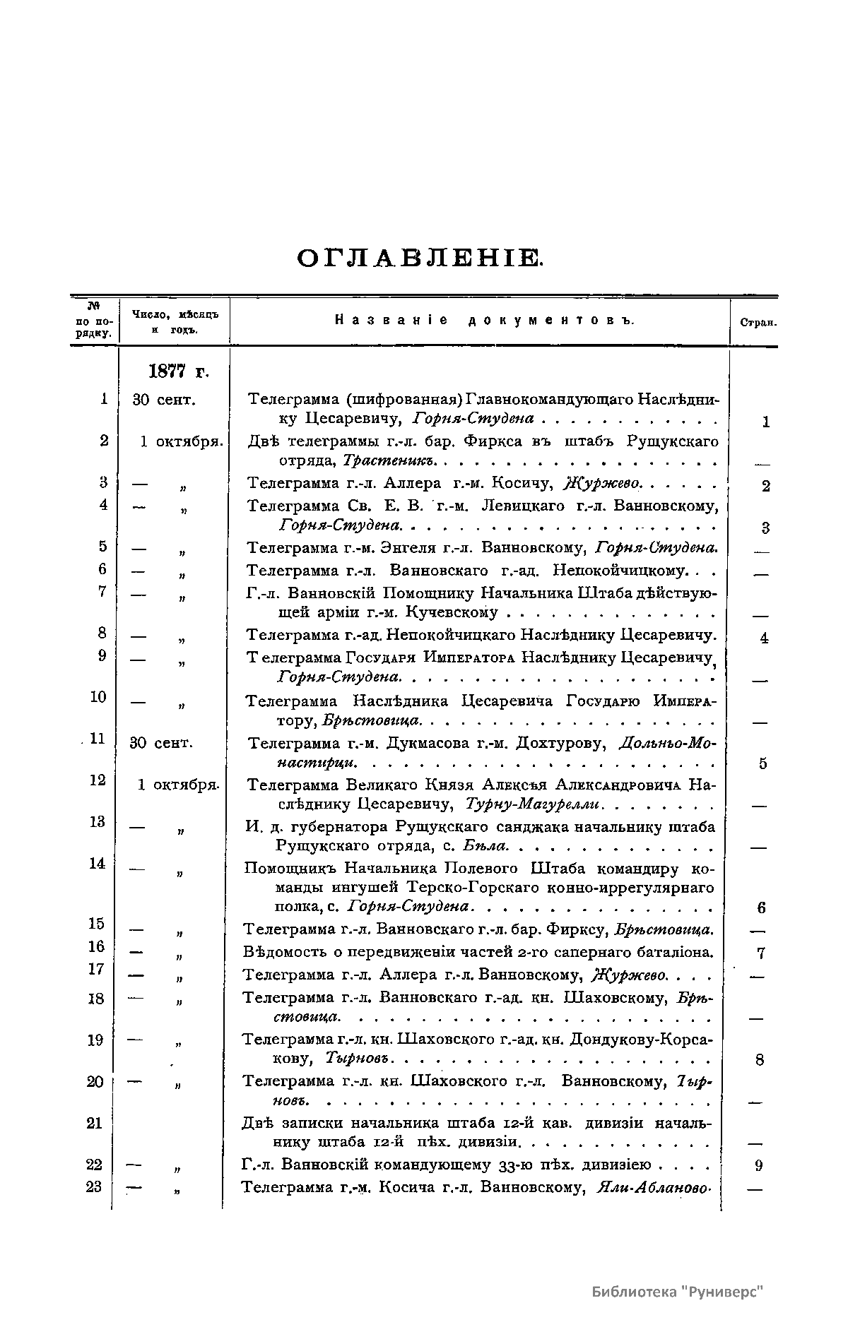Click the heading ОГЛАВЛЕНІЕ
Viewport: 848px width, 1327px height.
pyautogui.click(x=420, y=258)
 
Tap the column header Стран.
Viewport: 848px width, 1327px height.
pyautogui.click(x=758, y=323)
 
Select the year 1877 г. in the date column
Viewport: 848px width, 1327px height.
pyautogui.click(x=179, y=371)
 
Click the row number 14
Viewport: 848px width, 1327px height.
pyautogui.click(x=97, y=863)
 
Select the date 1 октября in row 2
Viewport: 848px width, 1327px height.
pyautogui.click(x=181, y=441)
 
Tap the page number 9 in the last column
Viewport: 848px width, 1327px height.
pyautogui.click(x=759, y=1166)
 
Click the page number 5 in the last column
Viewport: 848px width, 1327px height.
pyautogui.click(x=762, y=763)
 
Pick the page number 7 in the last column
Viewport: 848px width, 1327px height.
pyautogui.click(x=761, y=953)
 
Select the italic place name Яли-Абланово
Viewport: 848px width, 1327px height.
pyautogui.click(x=653, y=1187)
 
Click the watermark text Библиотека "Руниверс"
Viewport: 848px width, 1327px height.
pyautogui.click(x=678, y=1292)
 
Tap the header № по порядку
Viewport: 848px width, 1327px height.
pyautogui.click(x=94, y=320)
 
